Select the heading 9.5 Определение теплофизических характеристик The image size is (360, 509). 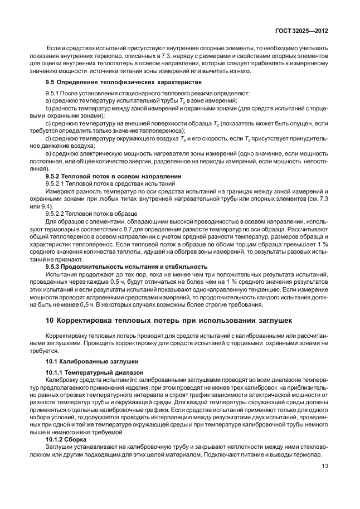pos(114,81)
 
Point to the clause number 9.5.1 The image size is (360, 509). pos(52,92)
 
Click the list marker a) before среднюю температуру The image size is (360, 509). pos(48,100)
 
